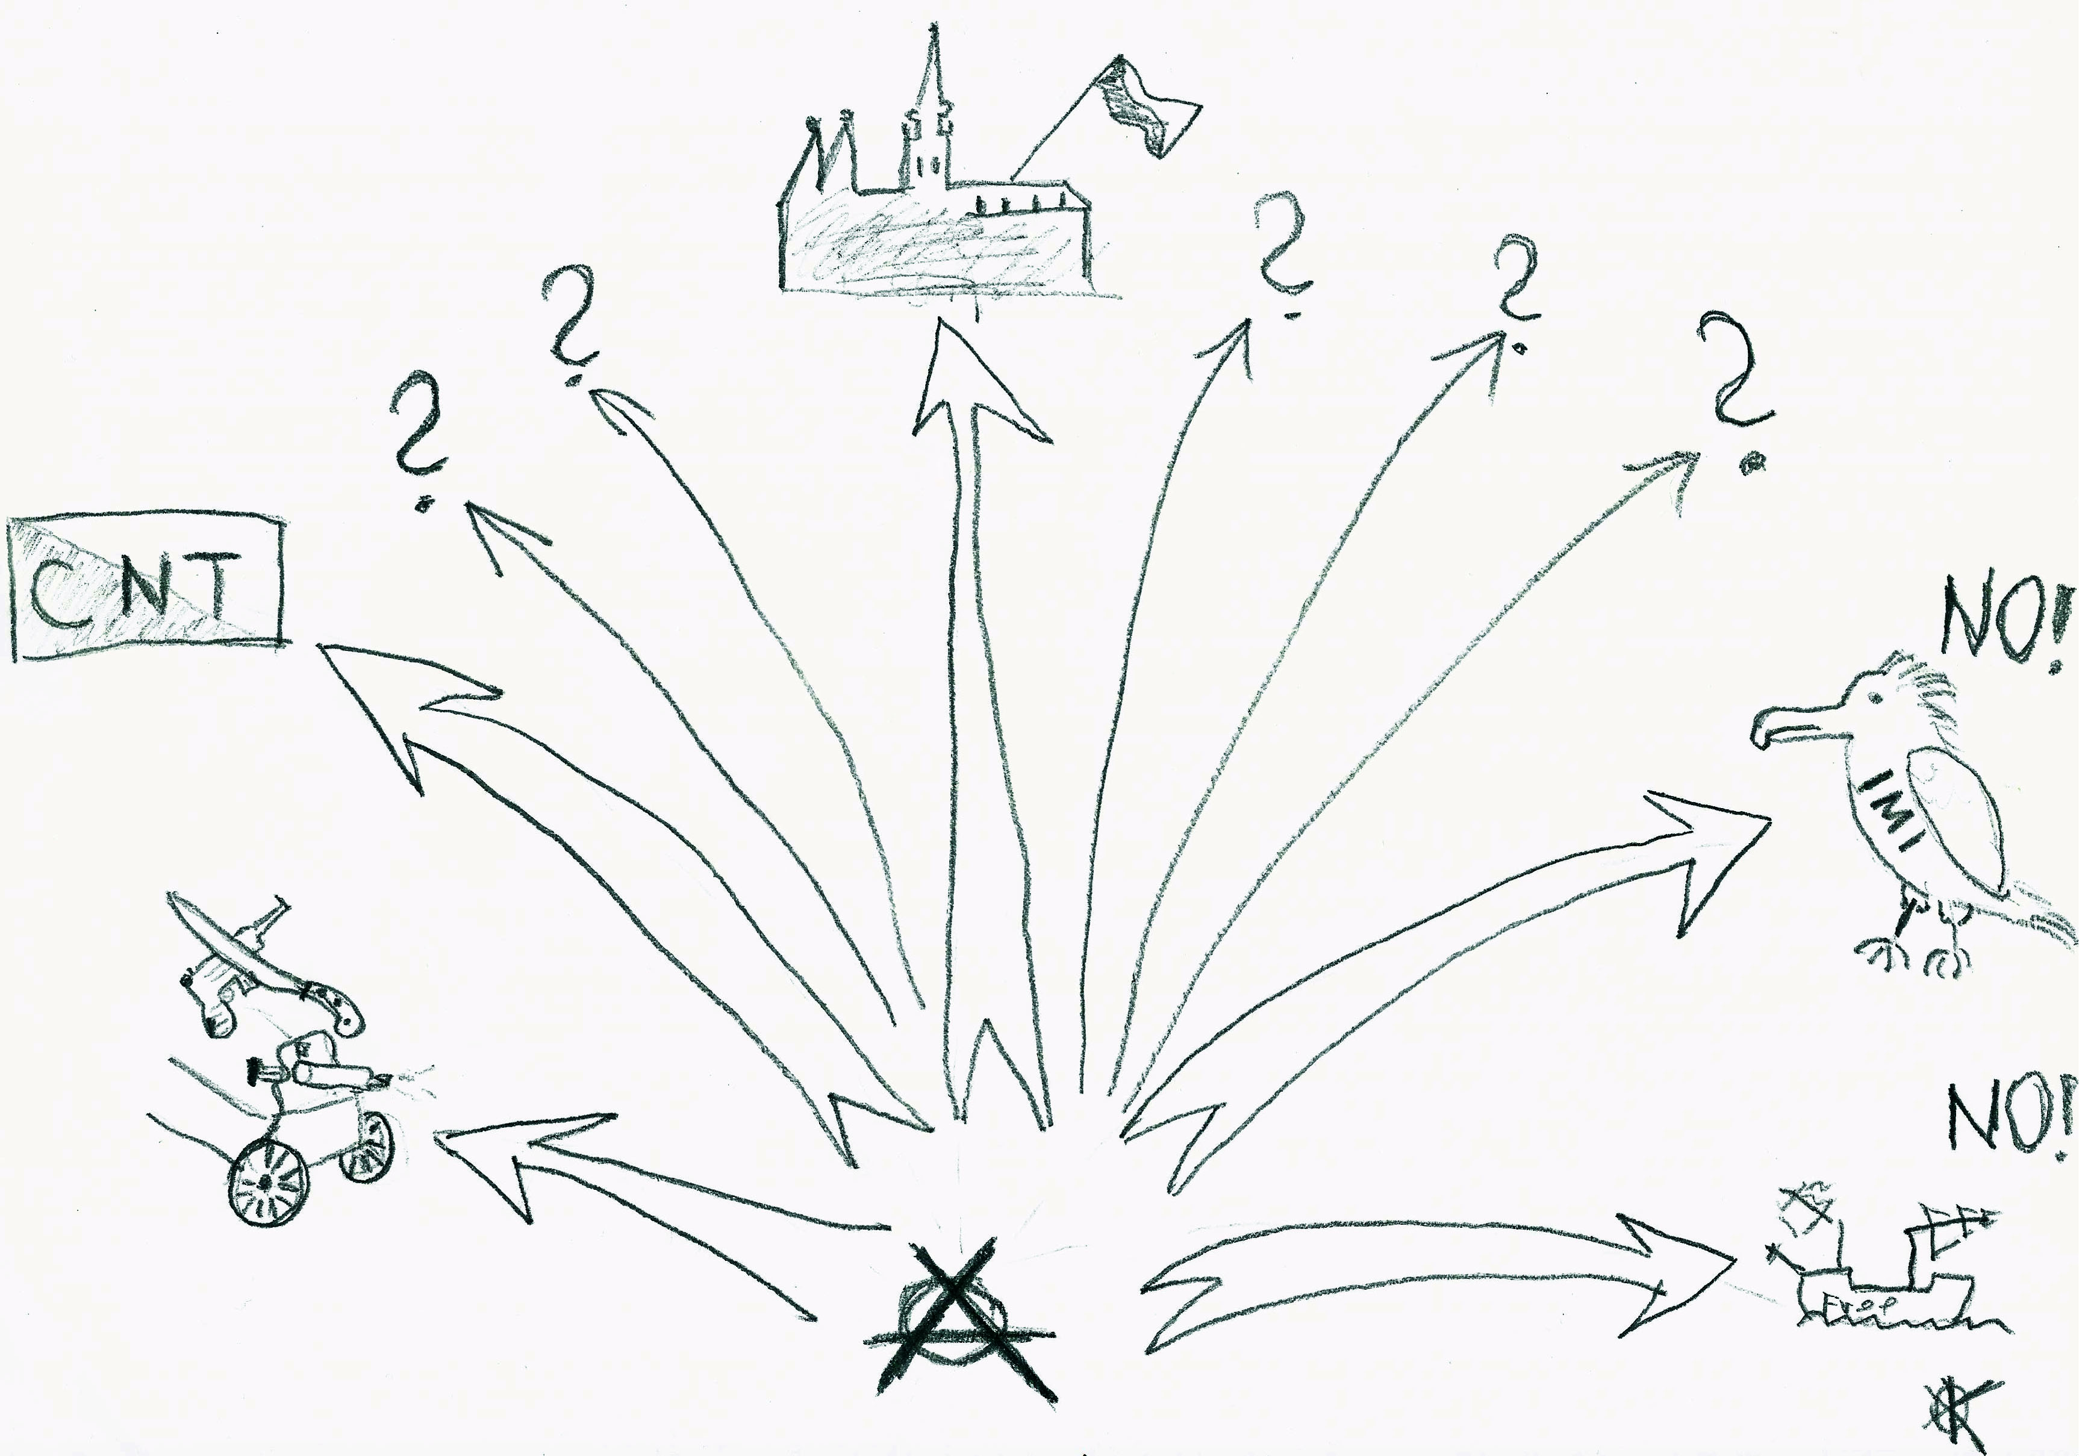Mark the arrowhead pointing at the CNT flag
click(399, 706)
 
